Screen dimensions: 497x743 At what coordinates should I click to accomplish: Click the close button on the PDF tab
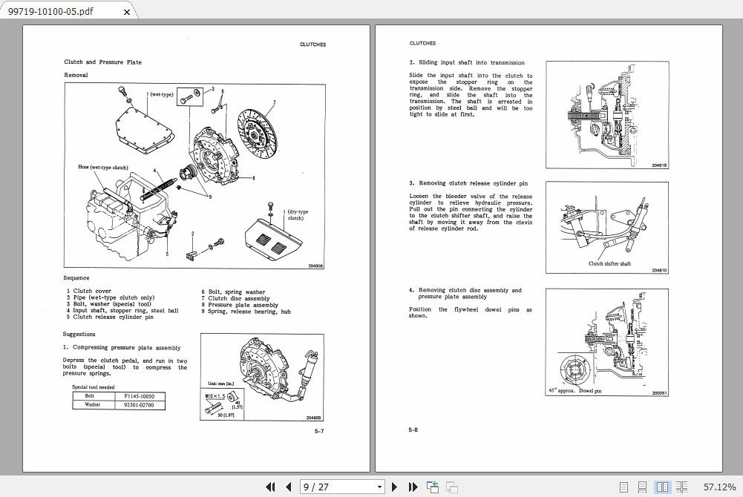[x=126, y=12]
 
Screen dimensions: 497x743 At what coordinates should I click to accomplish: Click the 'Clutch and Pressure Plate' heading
[x=102, y=62]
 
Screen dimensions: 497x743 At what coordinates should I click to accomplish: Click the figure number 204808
[x=315, y=266]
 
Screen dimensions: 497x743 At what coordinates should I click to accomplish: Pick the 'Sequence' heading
[x=76, y=278]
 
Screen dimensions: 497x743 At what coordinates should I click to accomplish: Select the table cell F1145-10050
[x=140, y=397]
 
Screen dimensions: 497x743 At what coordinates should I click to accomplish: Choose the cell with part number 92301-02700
[x=140, y=405]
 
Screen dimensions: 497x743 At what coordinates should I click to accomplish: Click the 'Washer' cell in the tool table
[x=93, y=405]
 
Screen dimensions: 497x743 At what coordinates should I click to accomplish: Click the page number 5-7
[x=318, y=431]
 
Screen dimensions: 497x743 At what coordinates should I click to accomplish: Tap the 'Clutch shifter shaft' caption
[x=609, y=263]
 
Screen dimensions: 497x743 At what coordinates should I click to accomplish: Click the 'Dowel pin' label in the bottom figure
[x=590, y=390]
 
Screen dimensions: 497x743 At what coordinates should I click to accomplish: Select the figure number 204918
[x=659, y=165]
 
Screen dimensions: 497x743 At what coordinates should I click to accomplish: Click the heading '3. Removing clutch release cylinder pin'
[x=468, y=183]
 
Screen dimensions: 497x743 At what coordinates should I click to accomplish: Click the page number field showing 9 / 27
[x=341, y=487]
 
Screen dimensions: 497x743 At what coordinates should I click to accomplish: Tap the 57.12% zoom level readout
[x=719, y=487]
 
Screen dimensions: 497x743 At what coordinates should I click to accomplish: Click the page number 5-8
[x=413, y=429]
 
